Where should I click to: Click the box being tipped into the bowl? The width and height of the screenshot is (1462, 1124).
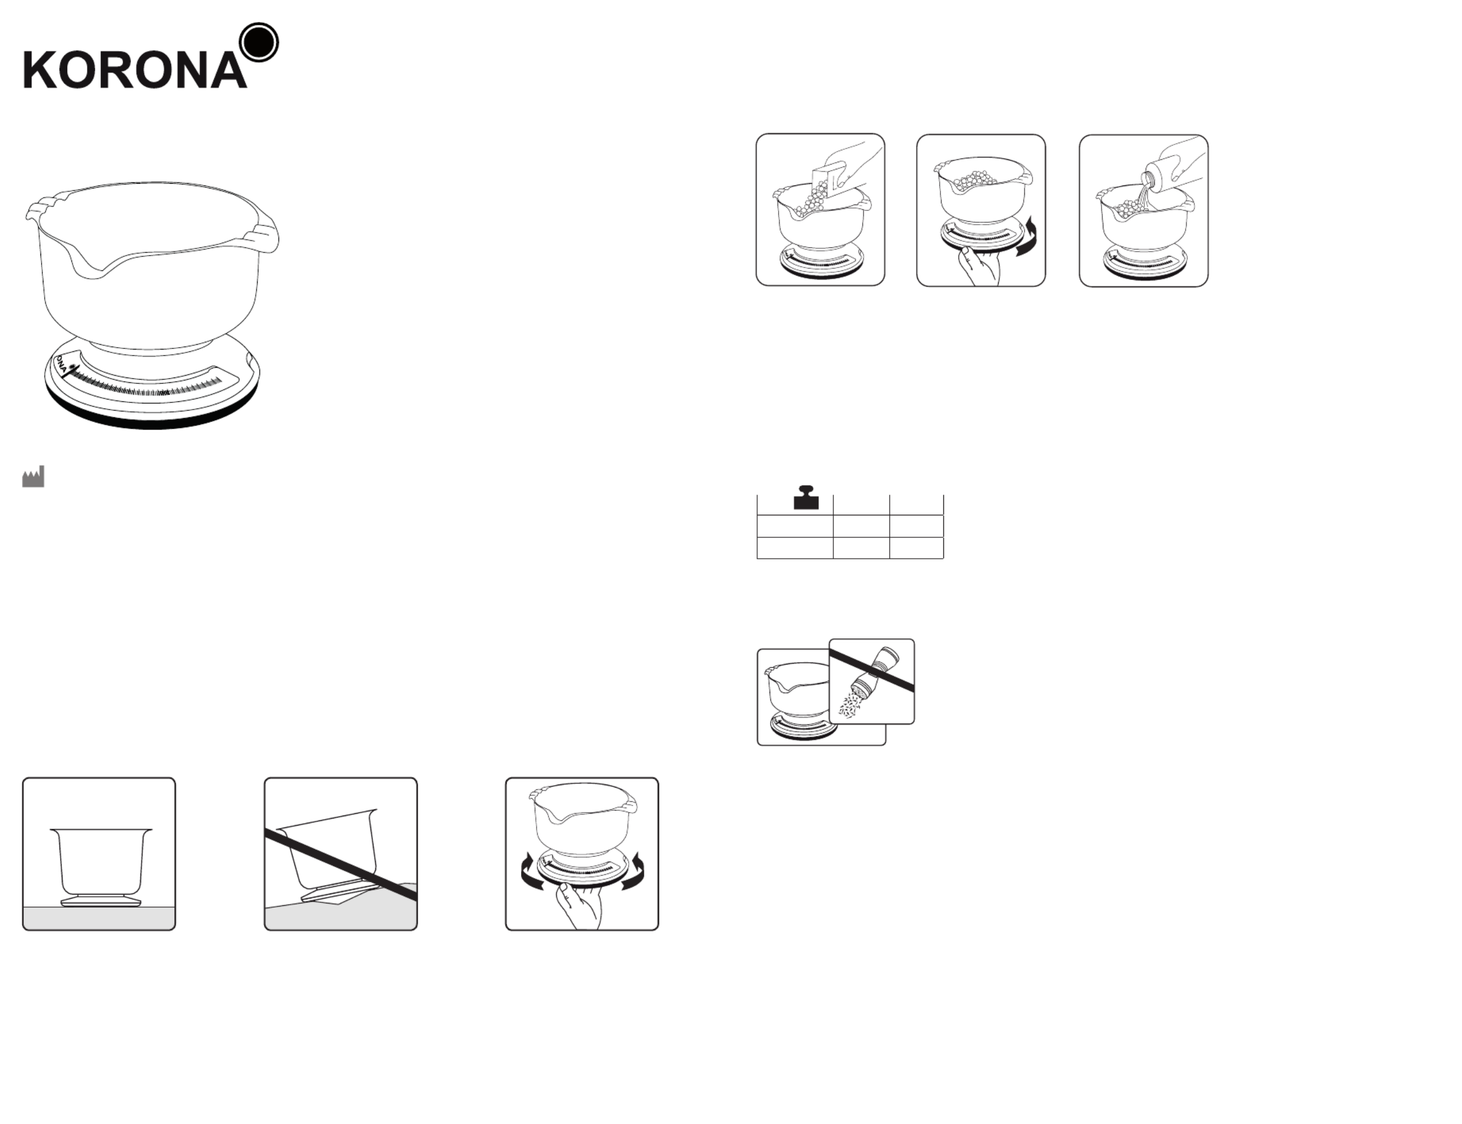click(829, 184)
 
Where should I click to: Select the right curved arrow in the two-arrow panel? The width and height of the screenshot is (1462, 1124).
click(633, 872)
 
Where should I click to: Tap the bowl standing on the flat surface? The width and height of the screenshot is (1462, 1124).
click(101, 867)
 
